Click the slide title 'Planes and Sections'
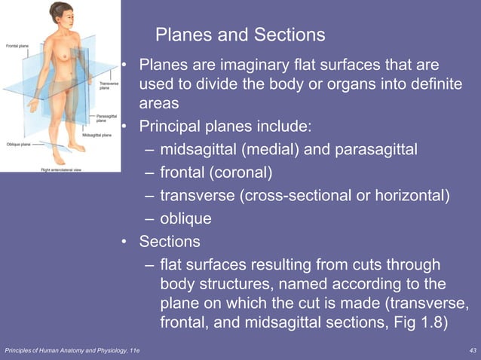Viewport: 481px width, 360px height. click(x=240, y=35)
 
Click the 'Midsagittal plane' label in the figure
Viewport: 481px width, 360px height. click(x=97, y=135)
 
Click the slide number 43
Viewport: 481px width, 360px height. click(x=473, y=351)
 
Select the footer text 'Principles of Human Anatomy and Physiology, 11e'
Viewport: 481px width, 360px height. click(x=72, y=351)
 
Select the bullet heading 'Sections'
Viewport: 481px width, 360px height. click(x=170, y=243)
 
